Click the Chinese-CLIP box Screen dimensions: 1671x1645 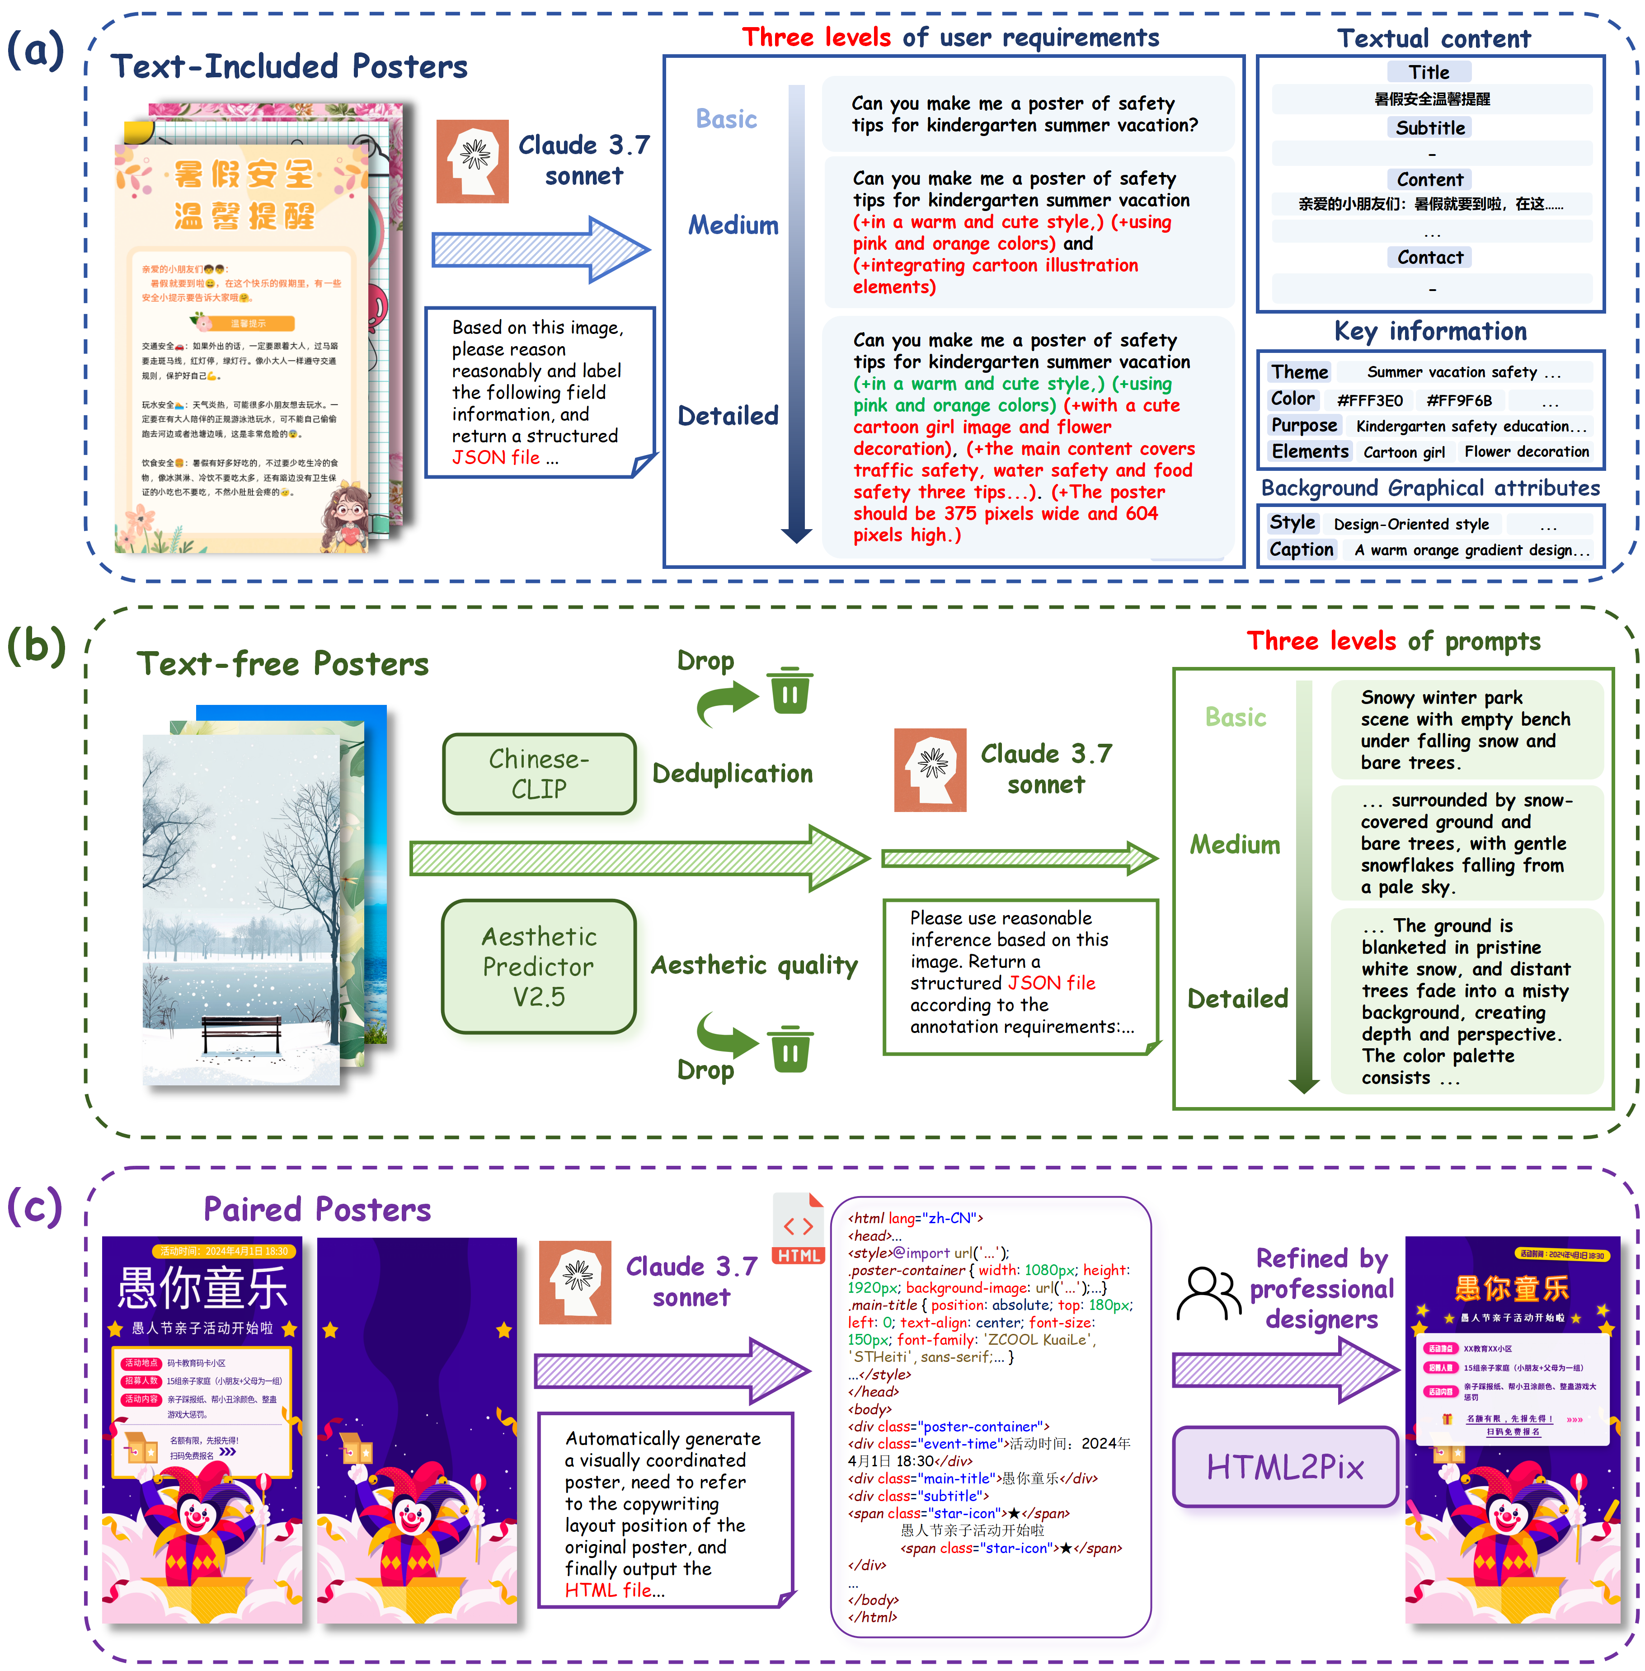click(x=539, y=773)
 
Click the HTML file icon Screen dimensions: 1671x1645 click(x=798, y=1229)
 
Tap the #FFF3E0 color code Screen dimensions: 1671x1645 click(x=1369, y=400)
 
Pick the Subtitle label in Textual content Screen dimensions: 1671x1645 click(x=1430, y=128)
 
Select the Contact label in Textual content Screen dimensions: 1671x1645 click(x=1430, y=258)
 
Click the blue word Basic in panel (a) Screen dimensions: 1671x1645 click(x=726, y=119)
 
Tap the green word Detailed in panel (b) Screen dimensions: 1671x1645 click(x=1237, y=999)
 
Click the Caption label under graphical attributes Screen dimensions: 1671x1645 click(x=1300, y=549)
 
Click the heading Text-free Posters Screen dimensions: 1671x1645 click(x=282, y=663)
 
